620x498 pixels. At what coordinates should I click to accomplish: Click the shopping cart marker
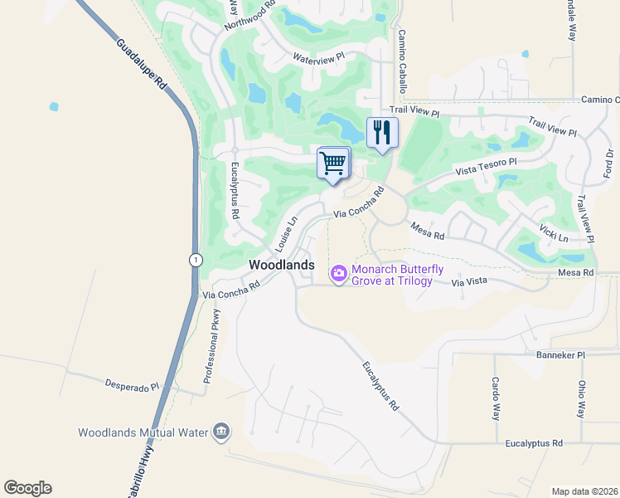pyautogui.click(x=333, y=163)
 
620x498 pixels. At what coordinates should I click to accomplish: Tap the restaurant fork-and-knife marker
pyautogui.click(x=382, y=133)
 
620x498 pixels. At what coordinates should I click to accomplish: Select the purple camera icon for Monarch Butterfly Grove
pyautogui.click(x=338, y=273)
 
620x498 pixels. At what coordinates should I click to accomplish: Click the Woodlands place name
pyautogui.click(x=283, y=265)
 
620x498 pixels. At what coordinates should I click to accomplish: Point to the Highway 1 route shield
pyautogui.click(x=192, y=259)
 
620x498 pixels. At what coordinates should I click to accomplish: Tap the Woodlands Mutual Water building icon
pyautogui.click(x=221, y=432)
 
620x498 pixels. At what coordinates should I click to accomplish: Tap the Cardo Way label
pyautogui.click(x=495, y=398)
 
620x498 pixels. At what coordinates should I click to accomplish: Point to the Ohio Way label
pyautogui.click(x=582, y=398)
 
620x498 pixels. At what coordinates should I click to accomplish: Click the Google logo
pyautogui.click(x=27, y=488)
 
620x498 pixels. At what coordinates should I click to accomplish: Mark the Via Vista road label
pyautogui.click(x=470, y=283)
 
